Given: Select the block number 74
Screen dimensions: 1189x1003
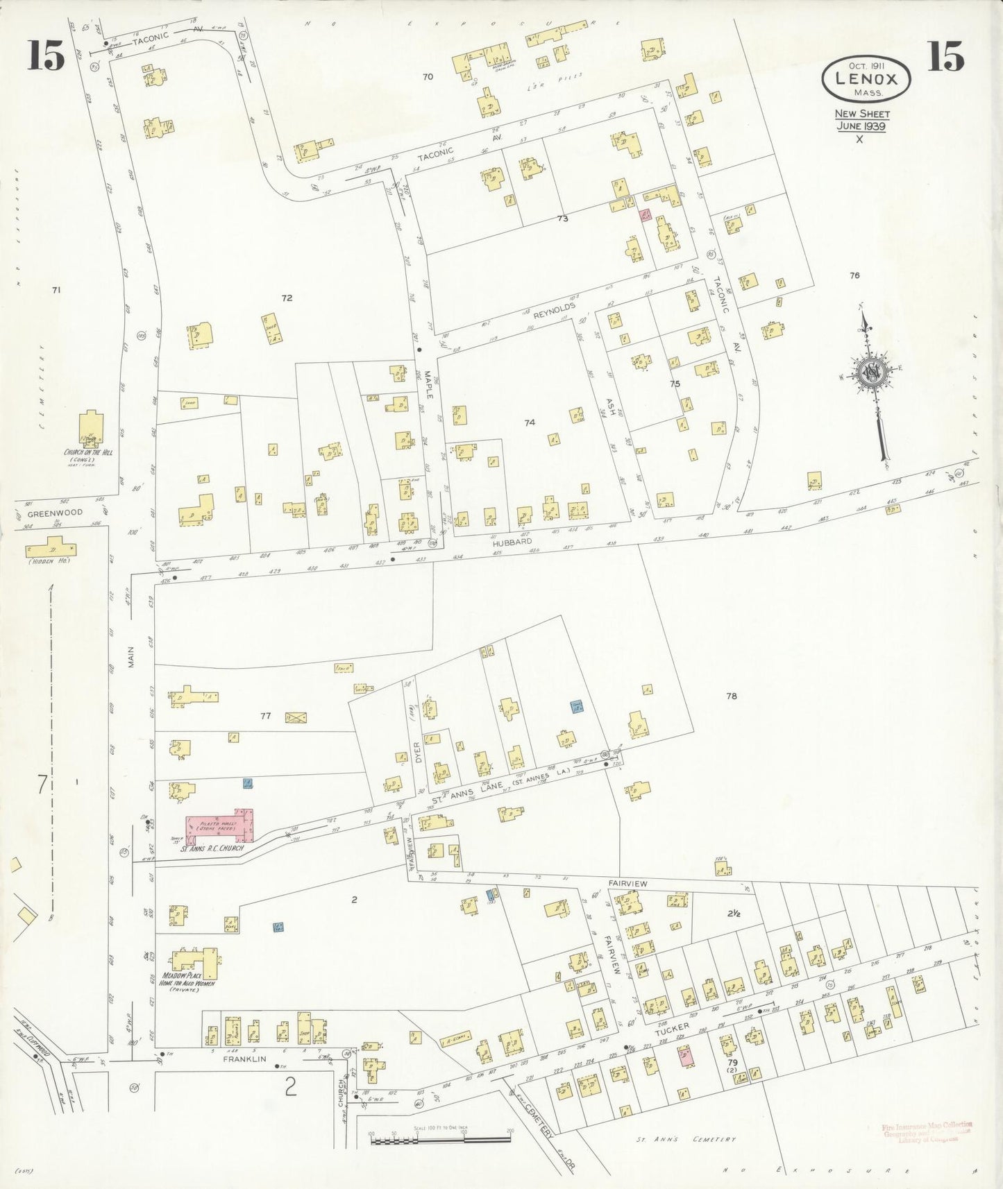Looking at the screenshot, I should tap(530, 422).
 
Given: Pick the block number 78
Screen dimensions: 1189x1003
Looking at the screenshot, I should tap(731, 696).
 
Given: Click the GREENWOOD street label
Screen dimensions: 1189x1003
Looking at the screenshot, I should tap(55, 513).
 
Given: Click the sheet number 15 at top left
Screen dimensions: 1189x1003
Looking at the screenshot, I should tap(47, 56).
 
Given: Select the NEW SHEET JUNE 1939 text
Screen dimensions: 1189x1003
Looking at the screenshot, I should tap(861, 120).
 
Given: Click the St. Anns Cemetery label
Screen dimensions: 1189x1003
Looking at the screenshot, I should tap(686, 1139).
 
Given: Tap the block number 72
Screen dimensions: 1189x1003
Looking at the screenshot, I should tap(287, 298).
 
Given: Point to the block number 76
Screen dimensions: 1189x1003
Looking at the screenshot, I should tap(854, 275).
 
